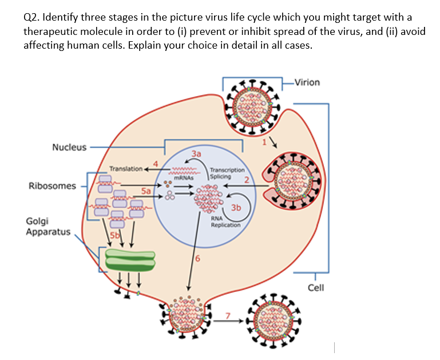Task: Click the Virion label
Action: pos(307,82)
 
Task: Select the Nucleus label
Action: pos(69,147)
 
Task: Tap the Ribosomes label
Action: pos(52,186)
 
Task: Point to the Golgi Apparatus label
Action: pos(48,226)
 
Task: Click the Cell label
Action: pos(316,287)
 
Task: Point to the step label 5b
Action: pos(115,234)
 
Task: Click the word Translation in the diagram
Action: pos(126,169)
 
